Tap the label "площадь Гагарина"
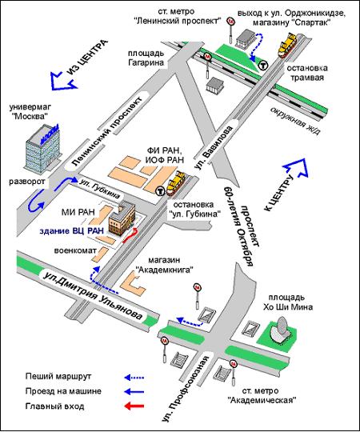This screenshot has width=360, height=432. [146, 58]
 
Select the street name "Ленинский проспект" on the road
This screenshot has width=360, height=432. [107, 131]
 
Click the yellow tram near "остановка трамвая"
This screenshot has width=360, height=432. [287, 45]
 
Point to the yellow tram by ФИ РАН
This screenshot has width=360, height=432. [176, 182]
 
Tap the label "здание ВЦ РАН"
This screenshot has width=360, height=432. [72, 231]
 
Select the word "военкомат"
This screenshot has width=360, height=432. [75, 250]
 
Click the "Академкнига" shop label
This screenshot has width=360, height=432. [165, 265]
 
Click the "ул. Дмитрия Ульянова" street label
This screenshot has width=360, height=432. [94, 296]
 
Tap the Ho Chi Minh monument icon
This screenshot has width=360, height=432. [280, 330]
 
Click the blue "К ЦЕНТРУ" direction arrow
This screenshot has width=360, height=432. [296, 167]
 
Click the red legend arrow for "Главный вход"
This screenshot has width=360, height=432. [134, 406]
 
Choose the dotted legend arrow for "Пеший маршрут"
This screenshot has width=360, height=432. [134, 377]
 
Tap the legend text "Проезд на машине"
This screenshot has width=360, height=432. [63, 391]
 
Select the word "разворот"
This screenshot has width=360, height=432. [26, 182]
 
